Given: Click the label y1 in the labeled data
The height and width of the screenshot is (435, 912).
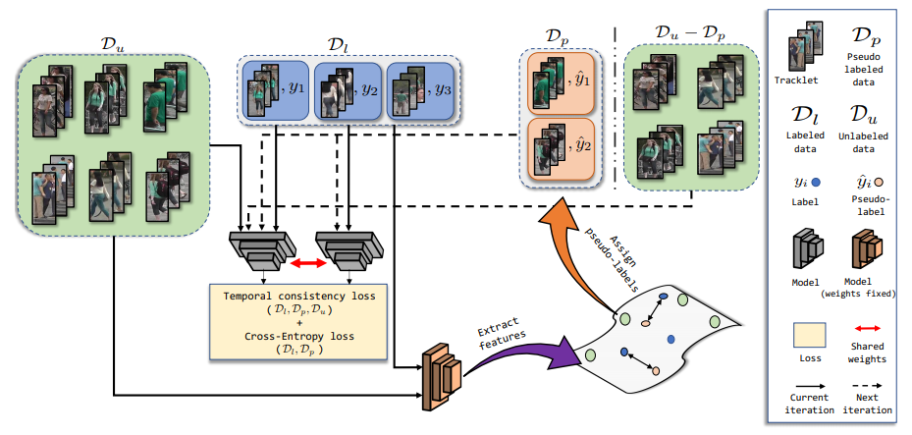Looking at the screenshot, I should pos(297,86).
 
